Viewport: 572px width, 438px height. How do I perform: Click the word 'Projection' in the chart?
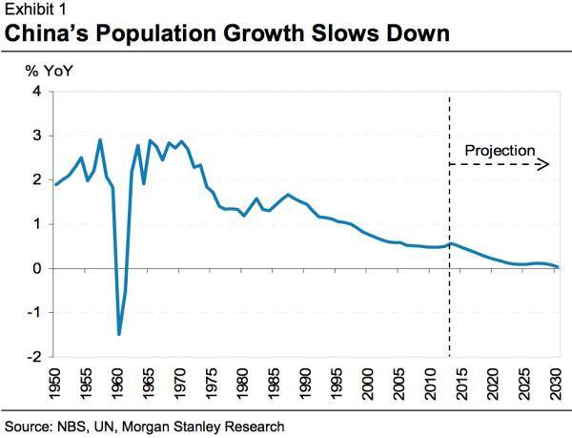(500, 150)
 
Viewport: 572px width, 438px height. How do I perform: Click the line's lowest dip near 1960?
(119, 334)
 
